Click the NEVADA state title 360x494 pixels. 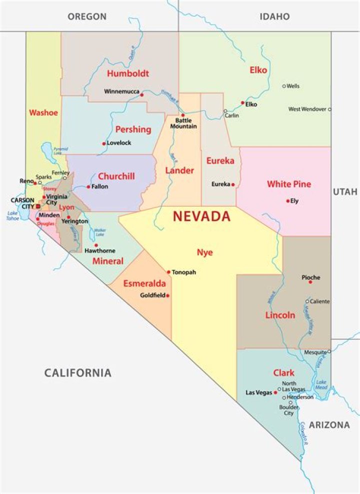click(x=201, y=217)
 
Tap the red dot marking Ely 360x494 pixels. click(x=288, y=201)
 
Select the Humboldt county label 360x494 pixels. click(x=127, y=74)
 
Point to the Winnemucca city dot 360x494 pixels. click(x=142, y=95)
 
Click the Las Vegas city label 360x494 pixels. click(x=258, y=393)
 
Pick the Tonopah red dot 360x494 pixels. click(x=169, y=272)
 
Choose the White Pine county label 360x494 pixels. click(x=288, y=184)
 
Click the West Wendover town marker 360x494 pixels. click(x=329, y=109)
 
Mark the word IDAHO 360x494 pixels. click(x=274, y=17)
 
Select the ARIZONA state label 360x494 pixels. click(x=329, y=425)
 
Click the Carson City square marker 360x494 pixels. click(x=38, y=206)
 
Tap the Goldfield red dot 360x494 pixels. click(x=168, y=295)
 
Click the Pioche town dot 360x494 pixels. click(x=310, y=282)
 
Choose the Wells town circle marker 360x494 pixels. click(x=284, y=86)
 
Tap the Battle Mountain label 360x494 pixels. click(x=183, y=124)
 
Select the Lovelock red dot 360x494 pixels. click(x=104, y=143)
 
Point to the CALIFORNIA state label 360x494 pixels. click(x=77, y=373)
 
